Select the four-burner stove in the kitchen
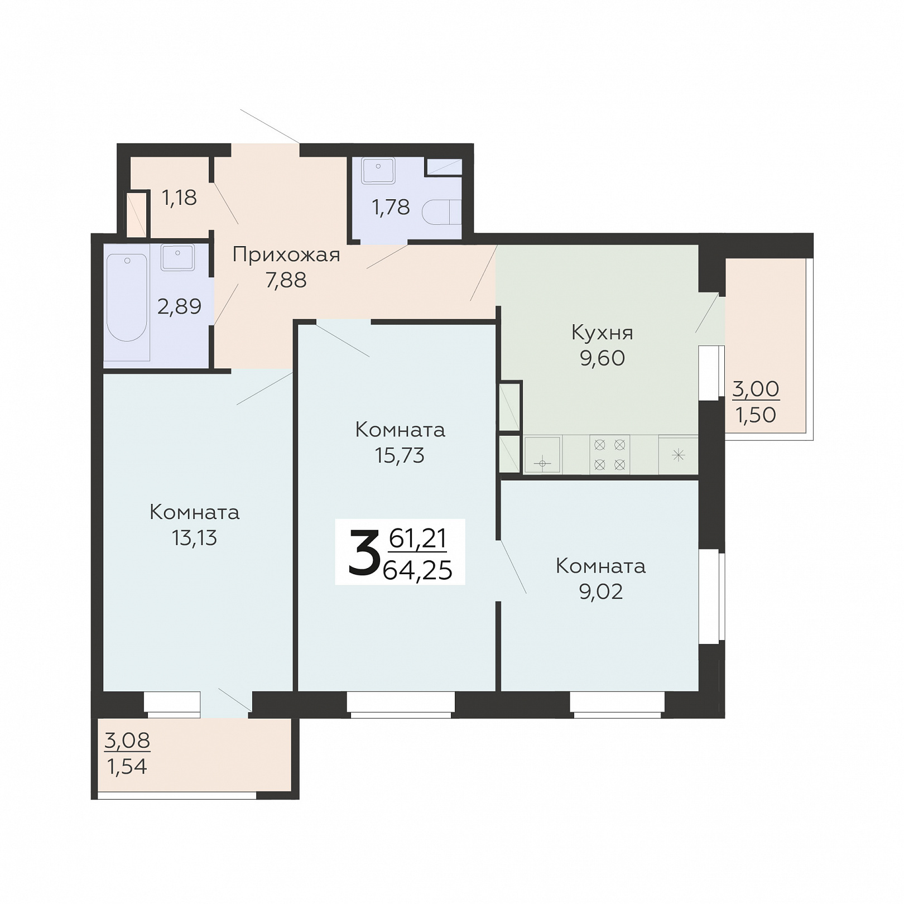(609, 455)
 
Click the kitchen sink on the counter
(542, 455)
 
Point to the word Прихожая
(286, 255)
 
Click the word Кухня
(602, 333)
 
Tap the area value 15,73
(400, 456)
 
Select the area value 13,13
(194, 538)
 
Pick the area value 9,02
(601, 592)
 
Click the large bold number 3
(364, 552)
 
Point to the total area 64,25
(417, 570)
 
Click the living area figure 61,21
(418, 538)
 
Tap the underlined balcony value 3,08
(127, 740)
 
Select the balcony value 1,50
(756, 415)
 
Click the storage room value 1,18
(179, 198)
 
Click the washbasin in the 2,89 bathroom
(177, 257)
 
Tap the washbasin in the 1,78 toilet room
(378, 170)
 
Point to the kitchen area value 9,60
(602, 358)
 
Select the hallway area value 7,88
(286, 280)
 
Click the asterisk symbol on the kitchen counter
(678, 455)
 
